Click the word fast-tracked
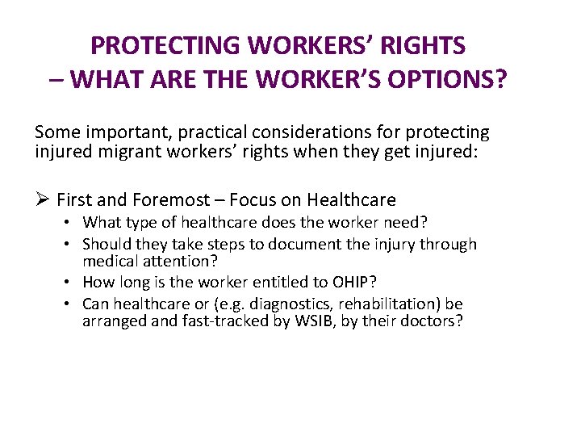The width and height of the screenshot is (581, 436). (x=206, y=321)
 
